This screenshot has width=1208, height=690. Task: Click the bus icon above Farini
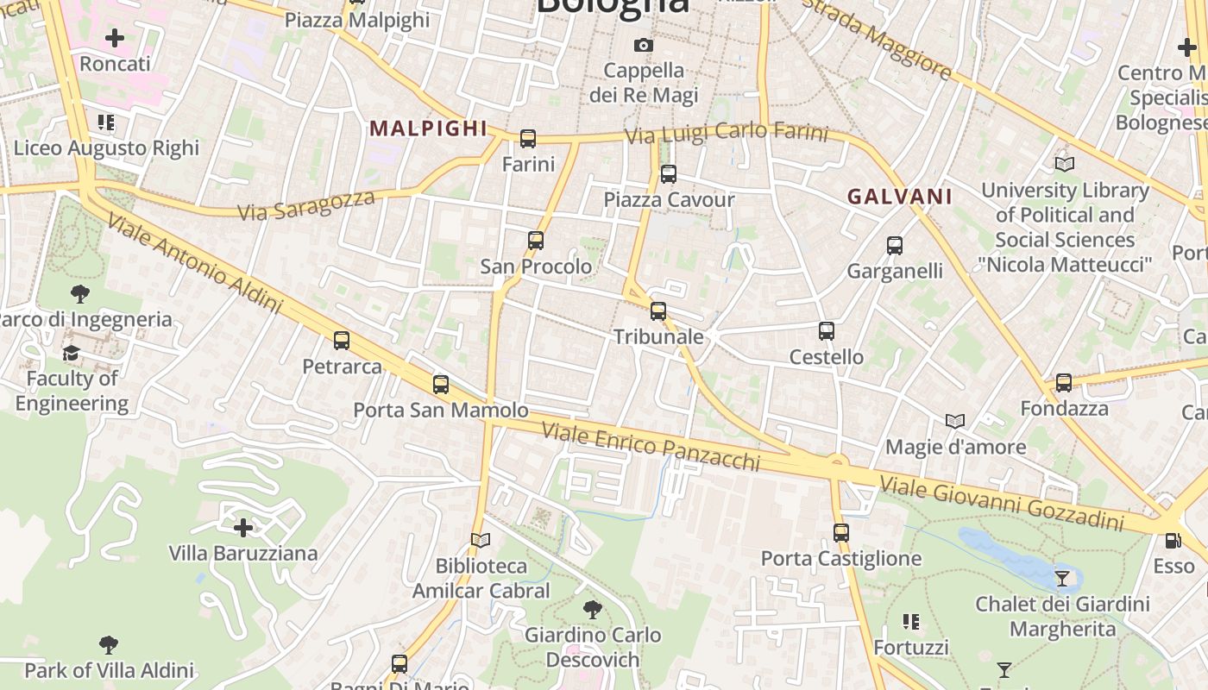[528, 138]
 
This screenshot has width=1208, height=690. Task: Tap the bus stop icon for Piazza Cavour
[668, 174]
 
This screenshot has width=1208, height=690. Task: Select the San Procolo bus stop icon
[536, 241]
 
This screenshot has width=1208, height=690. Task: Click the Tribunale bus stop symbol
[658, 311]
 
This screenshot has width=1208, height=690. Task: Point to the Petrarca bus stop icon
[342, 341]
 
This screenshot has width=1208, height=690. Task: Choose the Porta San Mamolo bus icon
[441, 385]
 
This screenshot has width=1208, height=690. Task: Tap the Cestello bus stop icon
[826, 331]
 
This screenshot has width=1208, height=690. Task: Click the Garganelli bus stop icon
[895, 246]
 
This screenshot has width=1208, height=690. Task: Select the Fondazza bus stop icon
[1064, 382]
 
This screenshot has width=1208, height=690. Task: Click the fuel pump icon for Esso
[1173, 541]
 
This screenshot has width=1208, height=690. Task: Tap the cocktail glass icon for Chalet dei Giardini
[1062, 578]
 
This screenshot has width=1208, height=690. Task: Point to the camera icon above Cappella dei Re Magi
[644, 45]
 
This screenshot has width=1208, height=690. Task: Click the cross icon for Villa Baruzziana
[243, 527]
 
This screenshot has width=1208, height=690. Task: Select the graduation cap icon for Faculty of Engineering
[71, 353]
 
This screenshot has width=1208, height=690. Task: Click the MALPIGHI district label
[429, 129]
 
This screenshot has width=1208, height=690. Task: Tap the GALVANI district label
[899, 197]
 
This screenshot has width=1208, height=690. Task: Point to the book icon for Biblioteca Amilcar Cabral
[481, 541]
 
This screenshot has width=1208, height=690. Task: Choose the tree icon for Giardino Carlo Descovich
[593, 610]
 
